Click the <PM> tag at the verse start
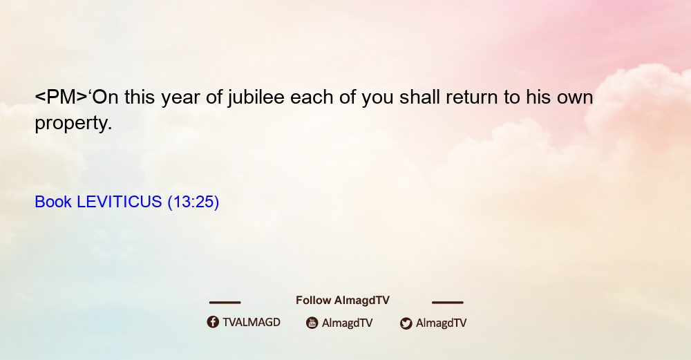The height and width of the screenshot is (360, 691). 61,97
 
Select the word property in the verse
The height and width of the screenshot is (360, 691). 73,124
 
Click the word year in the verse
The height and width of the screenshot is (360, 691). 180,100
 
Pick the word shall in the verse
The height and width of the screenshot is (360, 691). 419,97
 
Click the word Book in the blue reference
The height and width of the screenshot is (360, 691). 53,202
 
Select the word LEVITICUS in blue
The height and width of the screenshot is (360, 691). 120,202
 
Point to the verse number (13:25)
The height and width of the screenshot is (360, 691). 193,202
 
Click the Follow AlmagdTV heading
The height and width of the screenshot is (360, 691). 343,301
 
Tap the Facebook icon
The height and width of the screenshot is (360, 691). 213,322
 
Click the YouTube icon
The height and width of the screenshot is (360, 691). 312,323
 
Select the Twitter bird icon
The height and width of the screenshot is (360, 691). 406,323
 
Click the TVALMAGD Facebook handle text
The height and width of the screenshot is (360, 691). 252,323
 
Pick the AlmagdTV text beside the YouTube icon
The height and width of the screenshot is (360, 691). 348,323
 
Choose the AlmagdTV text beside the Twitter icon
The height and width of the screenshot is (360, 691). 441,323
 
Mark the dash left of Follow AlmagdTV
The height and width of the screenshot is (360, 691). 225,302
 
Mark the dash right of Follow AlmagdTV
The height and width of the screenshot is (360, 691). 447,302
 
